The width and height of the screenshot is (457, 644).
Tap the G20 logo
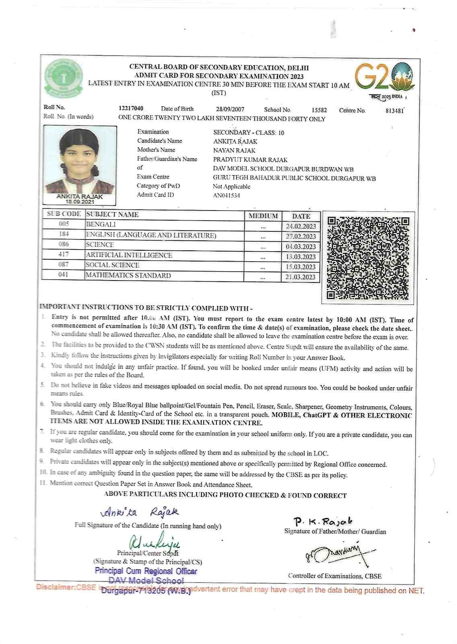coord(384,77)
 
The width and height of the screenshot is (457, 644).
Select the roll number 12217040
coord(131,109)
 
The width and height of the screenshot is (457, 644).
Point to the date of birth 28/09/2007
coord(230,109)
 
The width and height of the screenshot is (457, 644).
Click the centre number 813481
coord(394,110)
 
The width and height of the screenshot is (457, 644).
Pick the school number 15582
coord(319,110)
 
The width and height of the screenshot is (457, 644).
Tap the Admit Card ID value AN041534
coord(226,196)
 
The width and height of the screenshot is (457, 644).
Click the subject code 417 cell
coord(64,254)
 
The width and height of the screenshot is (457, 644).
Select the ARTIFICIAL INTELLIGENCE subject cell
coord(129,255)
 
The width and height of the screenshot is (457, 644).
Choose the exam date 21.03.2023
coord(301,277)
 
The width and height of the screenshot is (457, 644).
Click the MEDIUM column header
coord(263,216)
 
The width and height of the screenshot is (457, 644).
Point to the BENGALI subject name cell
coord(101,224)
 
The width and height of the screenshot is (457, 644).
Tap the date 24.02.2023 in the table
coord(301,226)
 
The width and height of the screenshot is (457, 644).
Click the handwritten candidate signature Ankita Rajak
coord(139,512)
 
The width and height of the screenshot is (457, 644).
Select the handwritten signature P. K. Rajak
coord(323,522)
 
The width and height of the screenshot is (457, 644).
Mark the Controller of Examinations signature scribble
coord(338,556)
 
